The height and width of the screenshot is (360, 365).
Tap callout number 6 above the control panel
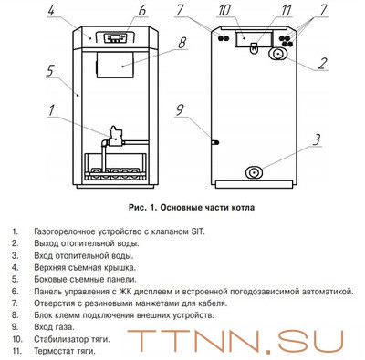click(x=142, y=12)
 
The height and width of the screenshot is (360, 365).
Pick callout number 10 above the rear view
click(x=224, y=12)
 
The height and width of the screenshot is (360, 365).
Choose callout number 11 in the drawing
click(x=260, y=12)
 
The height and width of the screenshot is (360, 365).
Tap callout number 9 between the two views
click(x=180, y=112)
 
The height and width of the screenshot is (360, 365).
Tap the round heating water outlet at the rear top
click(x=274, y=55)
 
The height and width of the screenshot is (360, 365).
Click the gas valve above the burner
click(x=116, y=136)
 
